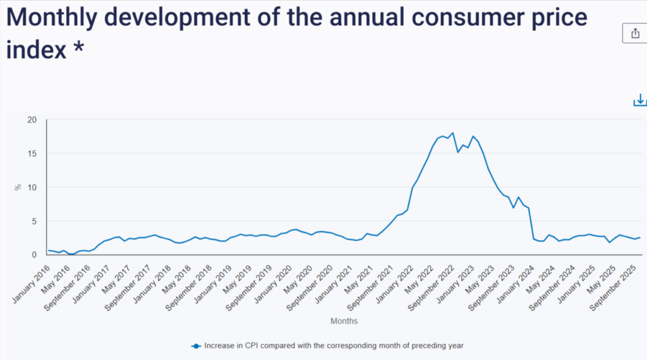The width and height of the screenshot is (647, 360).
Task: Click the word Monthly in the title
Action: [54, 17]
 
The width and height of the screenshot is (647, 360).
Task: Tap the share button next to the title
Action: [634, 33]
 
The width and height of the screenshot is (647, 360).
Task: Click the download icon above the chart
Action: [640, 100]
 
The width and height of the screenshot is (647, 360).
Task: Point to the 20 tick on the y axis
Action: [32, 120]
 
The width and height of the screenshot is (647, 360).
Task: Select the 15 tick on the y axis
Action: [32, 153]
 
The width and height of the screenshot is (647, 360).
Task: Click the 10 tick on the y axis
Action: [32, 188]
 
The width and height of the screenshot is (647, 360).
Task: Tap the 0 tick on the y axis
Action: [35, 255]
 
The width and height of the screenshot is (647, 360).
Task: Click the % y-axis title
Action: [18, 188]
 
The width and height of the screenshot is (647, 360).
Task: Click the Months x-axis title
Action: [344, 321]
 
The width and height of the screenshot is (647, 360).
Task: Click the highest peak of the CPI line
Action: [452, 133]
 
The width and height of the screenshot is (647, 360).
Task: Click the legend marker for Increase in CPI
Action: [196, 345]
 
